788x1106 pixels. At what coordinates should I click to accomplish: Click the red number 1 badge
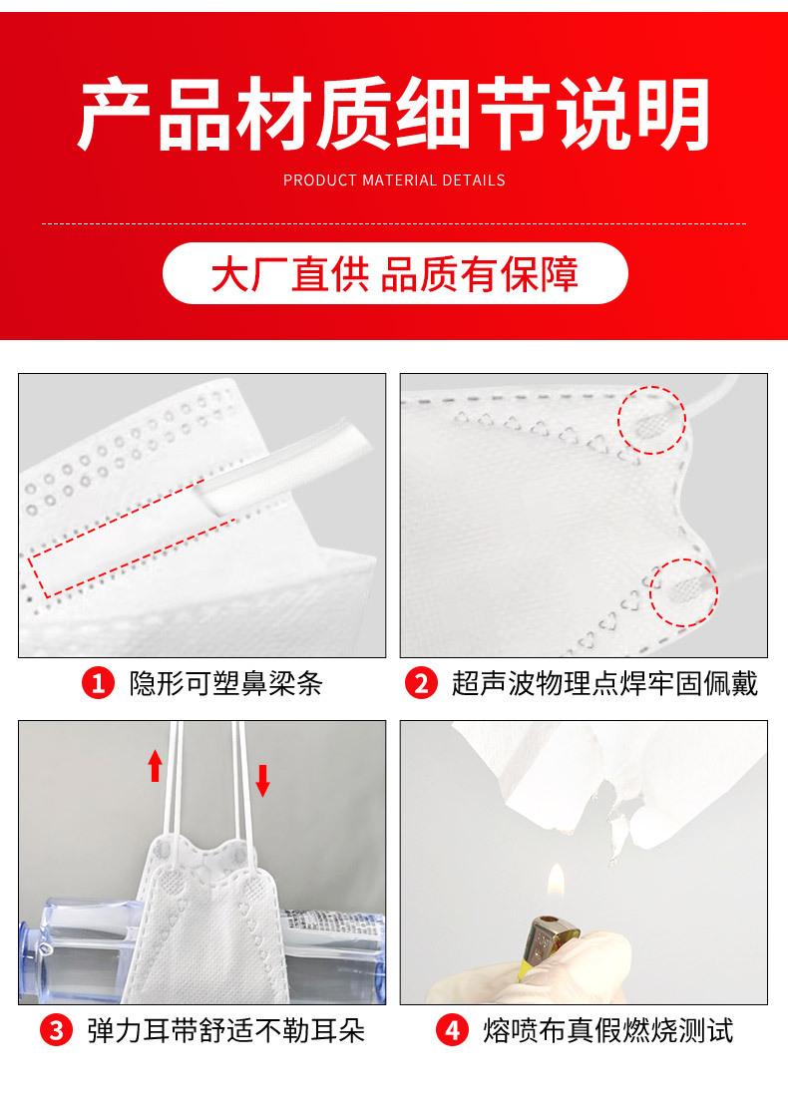(98, 683)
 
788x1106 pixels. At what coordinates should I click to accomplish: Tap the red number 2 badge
(421, 683)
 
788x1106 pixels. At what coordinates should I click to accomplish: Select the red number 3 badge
(56, 1030)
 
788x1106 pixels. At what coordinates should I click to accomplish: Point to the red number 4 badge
(452, 1030)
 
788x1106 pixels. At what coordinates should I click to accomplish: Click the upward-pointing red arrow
(156, 766)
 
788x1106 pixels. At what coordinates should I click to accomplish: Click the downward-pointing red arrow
(262, 781)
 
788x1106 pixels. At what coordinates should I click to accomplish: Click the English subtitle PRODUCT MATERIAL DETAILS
(394, 181)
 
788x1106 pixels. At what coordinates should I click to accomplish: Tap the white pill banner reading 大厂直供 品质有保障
(395, 273)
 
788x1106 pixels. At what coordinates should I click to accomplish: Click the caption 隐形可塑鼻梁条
(225, 683)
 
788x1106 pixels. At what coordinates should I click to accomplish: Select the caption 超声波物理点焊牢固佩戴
(604, 683)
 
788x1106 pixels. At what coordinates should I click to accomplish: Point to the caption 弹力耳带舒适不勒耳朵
(225, 1030)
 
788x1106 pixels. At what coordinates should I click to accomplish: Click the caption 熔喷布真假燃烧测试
(608, 1030)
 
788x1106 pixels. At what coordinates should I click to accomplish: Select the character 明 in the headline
(672, 115)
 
